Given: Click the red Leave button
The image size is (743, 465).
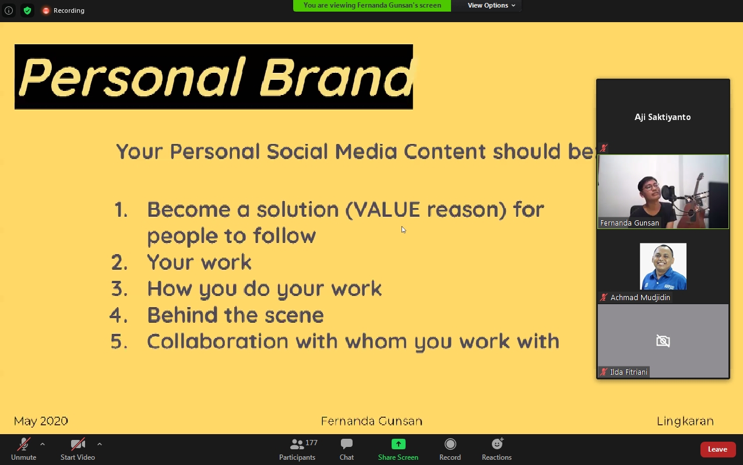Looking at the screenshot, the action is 718,449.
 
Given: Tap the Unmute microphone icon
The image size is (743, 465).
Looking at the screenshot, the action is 24,444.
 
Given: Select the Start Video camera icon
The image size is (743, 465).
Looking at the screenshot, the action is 78,444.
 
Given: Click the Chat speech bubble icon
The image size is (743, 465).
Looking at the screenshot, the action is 347,444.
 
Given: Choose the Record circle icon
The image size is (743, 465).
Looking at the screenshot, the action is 450,444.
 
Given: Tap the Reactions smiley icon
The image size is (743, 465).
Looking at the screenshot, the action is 497,443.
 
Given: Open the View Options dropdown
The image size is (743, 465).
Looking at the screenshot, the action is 491,5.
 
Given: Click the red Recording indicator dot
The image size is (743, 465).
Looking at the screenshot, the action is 46,10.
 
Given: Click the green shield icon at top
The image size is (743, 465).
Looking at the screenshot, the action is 27,10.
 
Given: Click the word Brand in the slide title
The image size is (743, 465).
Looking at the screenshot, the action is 337,77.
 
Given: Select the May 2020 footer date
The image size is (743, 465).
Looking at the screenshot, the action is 41,421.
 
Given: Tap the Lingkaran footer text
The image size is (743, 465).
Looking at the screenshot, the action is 685,421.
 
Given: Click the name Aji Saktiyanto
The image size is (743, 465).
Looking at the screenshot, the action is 663,117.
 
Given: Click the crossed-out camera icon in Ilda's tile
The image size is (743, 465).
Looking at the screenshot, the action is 663,341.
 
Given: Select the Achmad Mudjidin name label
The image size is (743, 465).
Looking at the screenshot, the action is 640,298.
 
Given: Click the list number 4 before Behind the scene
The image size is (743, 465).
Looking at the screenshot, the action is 118,315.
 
